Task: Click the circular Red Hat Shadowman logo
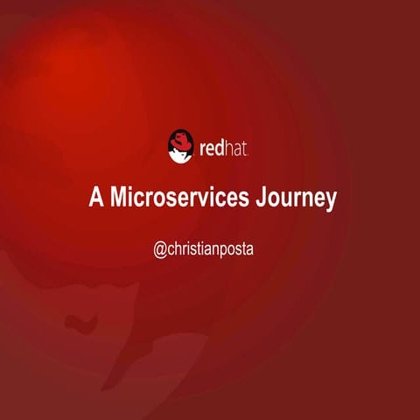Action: click(x=180, y=145)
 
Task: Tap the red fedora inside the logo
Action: click(x=180, y=140)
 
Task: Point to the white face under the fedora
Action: click(x=181, y=154)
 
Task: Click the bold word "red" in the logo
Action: click(x=213, y=147)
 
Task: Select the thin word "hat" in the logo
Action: click(x=238, y=147)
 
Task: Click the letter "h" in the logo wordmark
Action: click(x=230, y=146)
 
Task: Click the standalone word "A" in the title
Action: click(x=94, y=198)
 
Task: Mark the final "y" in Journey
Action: click(x=330, y=200)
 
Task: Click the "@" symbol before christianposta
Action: click(x=160, y=249)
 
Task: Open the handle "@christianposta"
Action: click(x=210, y=249)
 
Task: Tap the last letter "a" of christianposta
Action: click(x=260, y=249)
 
